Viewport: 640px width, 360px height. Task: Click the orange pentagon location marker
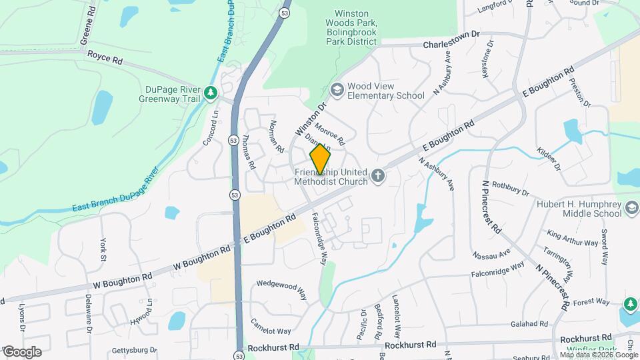tap(320, 159)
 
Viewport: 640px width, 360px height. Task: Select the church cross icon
tap(378, 176)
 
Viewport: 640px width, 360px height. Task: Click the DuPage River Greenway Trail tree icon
tap(211, 93)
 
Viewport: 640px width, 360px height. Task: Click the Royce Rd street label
tap(105, 60)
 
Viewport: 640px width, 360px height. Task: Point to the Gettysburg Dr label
tap(134, 349)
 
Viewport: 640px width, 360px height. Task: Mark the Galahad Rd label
tap(530, 324)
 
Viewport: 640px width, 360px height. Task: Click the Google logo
tap(21, 351)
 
